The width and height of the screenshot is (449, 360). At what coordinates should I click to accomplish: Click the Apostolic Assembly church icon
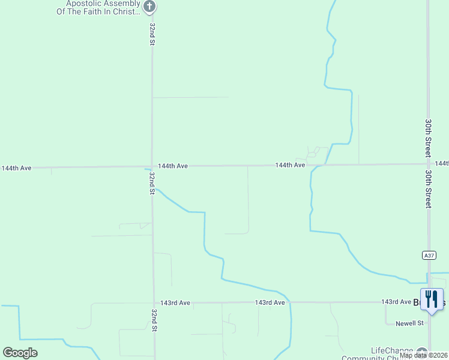tap(150, 7)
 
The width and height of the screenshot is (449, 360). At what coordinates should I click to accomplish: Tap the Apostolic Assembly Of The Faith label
tap(98, 7)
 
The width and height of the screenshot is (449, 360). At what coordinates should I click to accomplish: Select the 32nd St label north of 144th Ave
tap(153, 34)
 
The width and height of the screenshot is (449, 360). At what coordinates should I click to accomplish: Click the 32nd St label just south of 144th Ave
tap(152, 183)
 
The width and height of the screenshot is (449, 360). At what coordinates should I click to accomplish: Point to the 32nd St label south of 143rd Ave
tap(154, 320)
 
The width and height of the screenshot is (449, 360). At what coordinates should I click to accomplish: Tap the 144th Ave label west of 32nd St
tap(16, 168)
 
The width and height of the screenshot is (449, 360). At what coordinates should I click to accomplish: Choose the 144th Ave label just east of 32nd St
tap(173, 166)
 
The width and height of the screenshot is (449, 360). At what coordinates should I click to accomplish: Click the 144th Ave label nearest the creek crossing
tap(291, 164)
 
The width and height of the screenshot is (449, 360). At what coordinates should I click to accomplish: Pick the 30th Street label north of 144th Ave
tap(429, 137)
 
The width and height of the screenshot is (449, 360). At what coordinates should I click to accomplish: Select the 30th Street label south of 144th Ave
tap(429, 188)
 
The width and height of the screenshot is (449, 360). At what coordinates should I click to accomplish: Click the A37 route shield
tap(428, 255)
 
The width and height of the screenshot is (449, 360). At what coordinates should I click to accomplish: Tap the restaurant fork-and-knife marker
tap(432, 299)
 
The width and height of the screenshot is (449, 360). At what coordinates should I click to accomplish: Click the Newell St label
tap(410, 323)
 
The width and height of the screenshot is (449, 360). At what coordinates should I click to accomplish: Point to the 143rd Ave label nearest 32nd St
tap(175, 303)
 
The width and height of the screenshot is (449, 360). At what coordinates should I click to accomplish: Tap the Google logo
tap(20, 353)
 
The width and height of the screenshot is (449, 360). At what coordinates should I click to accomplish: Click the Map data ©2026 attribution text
tap(423, 355)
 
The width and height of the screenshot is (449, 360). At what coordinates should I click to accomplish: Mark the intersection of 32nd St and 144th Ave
tap(152, 167)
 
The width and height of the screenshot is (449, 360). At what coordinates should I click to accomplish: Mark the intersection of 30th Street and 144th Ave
tap(428, 163)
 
